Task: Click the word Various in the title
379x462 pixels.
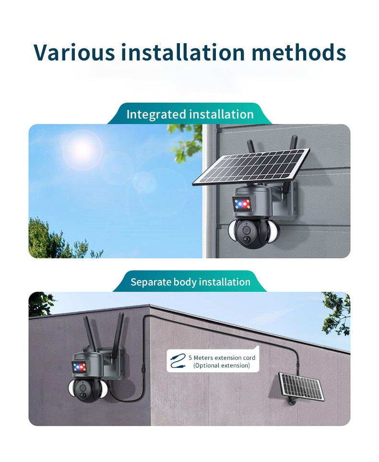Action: point(74,52)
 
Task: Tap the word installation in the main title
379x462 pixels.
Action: point(183,52)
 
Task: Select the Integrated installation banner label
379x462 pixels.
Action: point(190,114)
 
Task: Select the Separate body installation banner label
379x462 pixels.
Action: point(190,282)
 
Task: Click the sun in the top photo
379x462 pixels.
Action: point(82,150)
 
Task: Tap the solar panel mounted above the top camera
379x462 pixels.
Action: point(251,166)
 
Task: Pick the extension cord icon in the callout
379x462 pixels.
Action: point(178,362)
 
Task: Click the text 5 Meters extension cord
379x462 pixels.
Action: point(222,358)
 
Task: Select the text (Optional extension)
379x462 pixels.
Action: point(222,366)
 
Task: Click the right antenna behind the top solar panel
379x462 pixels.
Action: point(294,142)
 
